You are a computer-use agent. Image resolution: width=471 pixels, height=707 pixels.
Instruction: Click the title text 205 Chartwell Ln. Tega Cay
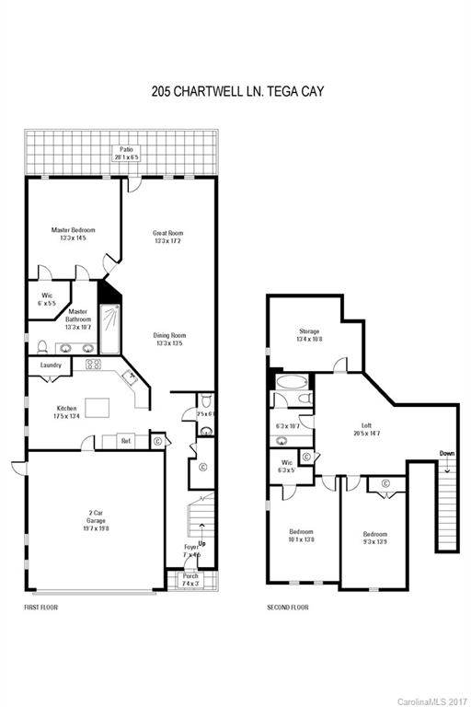coord(235,92)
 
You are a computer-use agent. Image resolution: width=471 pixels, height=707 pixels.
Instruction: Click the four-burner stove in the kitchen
coord(93,365)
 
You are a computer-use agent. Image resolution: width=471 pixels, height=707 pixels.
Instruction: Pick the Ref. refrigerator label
coord(126,441)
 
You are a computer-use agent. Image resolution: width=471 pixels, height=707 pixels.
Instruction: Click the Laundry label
coord(50,365)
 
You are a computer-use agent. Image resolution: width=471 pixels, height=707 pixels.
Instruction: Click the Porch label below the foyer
coord(190,580)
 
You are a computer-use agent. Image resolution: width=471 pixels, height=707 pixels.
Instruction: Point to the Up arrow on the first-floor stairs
coord(201,542)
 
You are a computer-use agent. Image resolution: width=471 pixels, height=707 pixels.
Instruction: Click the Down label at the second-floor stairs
coord(446,453)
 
